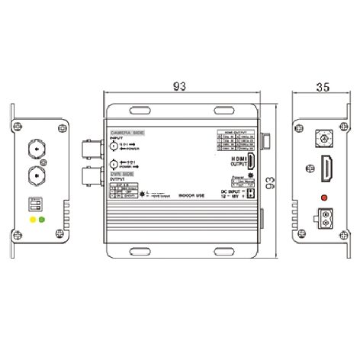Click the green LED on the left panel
(41, 220)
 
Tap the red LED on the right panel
(326, 200)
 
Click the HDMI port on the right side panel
(326, 167)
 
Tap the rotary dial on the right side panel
(326, 140)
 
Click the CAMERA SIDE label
(127, 133)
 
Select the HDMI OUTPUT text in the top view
(240, 160)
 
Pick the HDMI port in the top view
(252, 161)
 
